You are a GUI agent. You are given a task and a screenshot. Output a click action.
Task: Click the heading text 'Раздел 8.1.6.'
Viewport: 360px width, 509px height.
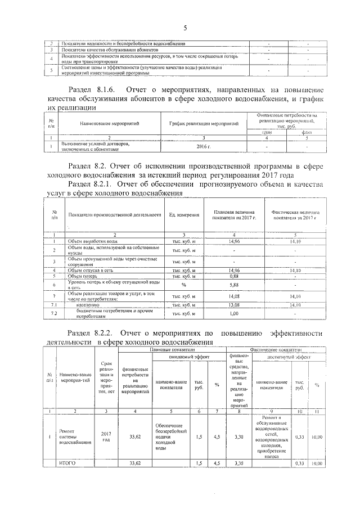click(92, 90)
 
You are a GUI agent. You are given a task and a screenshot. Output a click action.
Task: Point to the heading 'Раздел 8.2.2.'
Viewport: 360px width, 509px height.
click(92, 332)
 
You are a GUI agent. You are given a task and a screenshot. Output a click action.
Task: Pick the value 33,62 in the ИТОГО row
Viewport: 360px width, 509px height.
click(135, 463)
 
